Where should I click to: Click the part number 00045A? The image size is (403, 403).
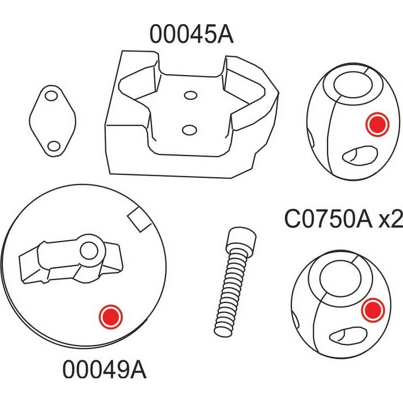coord(192,34)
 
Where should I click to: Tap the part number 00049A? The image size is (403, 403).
coord(104,369)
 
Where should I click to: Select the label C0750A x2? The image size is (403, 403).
coord(344,219)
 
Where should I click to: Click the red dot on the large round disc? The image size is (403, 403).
coord(111,317)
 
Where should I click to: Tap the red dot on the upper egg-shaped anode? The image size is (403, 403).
coord(377,124)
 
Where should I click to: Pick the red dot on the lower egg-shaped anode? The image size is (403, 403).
coord(373,310)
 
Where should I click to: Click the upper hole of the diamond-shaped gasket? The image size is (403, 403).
coord(51,96)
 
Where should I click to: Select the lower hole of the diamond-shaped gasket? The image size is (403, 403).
coord(54,146)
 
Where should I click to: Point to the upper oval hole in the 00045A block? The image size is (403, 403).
coord(190,96)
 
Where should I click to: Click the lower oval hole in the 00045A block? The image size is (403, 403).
coord(189,130)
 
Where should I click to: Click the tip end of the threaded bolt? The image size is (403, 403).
coord(222,332)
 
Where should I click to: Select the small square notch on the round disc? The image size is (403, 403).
coord(140,219)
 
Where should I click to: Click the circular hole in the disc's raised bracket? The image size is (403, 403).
coord(89,251)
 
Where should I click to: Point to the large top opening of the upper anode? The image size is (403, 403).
coord(353,85)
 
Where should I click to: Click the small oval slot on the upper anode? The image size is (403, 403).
coord(360,155)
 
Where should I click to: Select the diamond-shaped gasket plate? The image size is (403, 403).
coord(52,121)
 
